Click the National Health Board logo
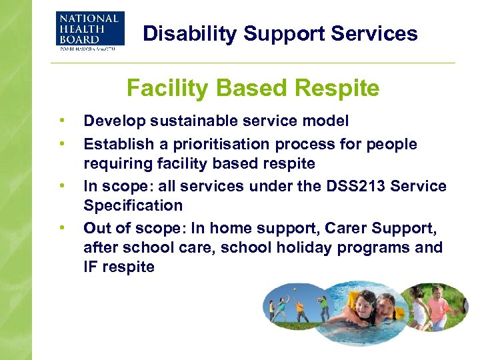89,30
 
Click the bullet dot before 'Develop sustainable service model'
62,121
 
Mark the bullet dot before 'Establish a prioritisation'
62,144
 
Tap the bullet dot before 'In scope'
62,185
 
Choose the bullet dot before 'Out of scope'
62,227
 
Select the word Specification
133,206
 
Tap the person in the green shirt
323,307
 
